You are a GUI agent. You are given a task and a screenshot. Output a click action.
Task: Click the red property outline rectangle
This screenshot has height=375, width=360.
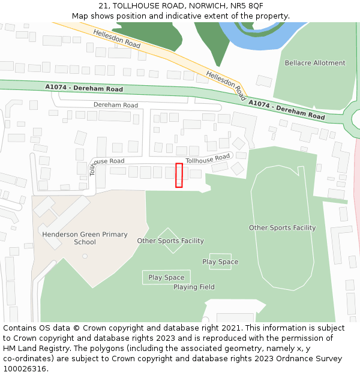coord(179,175)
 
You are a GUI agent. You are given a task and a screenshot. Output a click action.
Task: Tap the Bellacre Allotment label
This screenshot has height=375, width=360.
coord(315,63)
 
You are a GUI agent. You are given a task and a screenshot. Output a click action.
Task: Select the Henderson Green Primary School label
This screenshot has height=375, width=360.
coord(85,238)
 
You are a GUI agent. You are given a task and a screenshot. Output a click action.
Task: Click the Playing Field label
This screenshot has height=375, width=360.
coord(194,287)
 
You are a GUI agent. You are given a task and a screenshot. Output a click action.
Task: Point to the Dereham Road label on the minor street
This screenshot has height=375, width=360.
coord(115,105)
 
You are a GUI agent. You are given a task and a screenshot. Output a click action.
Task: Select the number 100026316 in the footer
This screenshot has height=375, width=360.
coord(26,369)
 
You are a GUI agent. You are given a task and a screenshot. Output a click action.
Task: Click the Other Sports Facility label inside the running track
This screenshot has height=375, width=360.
coord(282,228)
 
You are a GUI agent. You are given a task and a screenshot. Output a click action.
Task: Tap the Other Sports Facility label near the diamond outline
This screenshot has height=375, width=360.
coord(170,241)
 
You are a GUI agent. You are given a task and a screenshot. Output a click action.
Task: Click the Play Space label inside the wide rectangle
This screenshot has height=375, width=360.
coord(166,278)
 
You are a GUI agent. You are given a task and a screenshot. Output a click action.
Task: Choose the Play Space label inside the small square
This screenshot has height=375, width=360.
coord(220,262)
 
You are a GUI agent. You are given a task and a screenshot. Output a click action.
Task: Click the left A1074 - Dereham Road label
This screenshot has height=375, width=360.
coord(84,89)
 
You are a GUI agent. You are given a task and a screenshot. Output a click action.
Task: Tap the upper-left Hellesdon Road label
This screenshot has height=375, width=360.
coord(117,40)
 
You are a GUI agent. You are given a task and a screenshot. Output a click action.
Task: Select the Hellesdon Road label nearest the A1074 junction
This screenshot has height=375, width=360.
coord(226,85)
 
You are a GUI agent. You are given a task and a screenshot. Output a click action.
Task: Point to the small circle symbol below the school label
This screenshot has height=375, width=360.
coord(85,256)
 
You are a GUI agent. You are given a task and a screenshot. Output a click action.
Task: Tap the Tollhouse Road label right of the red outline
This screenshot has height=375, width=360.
coord(208,159)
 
